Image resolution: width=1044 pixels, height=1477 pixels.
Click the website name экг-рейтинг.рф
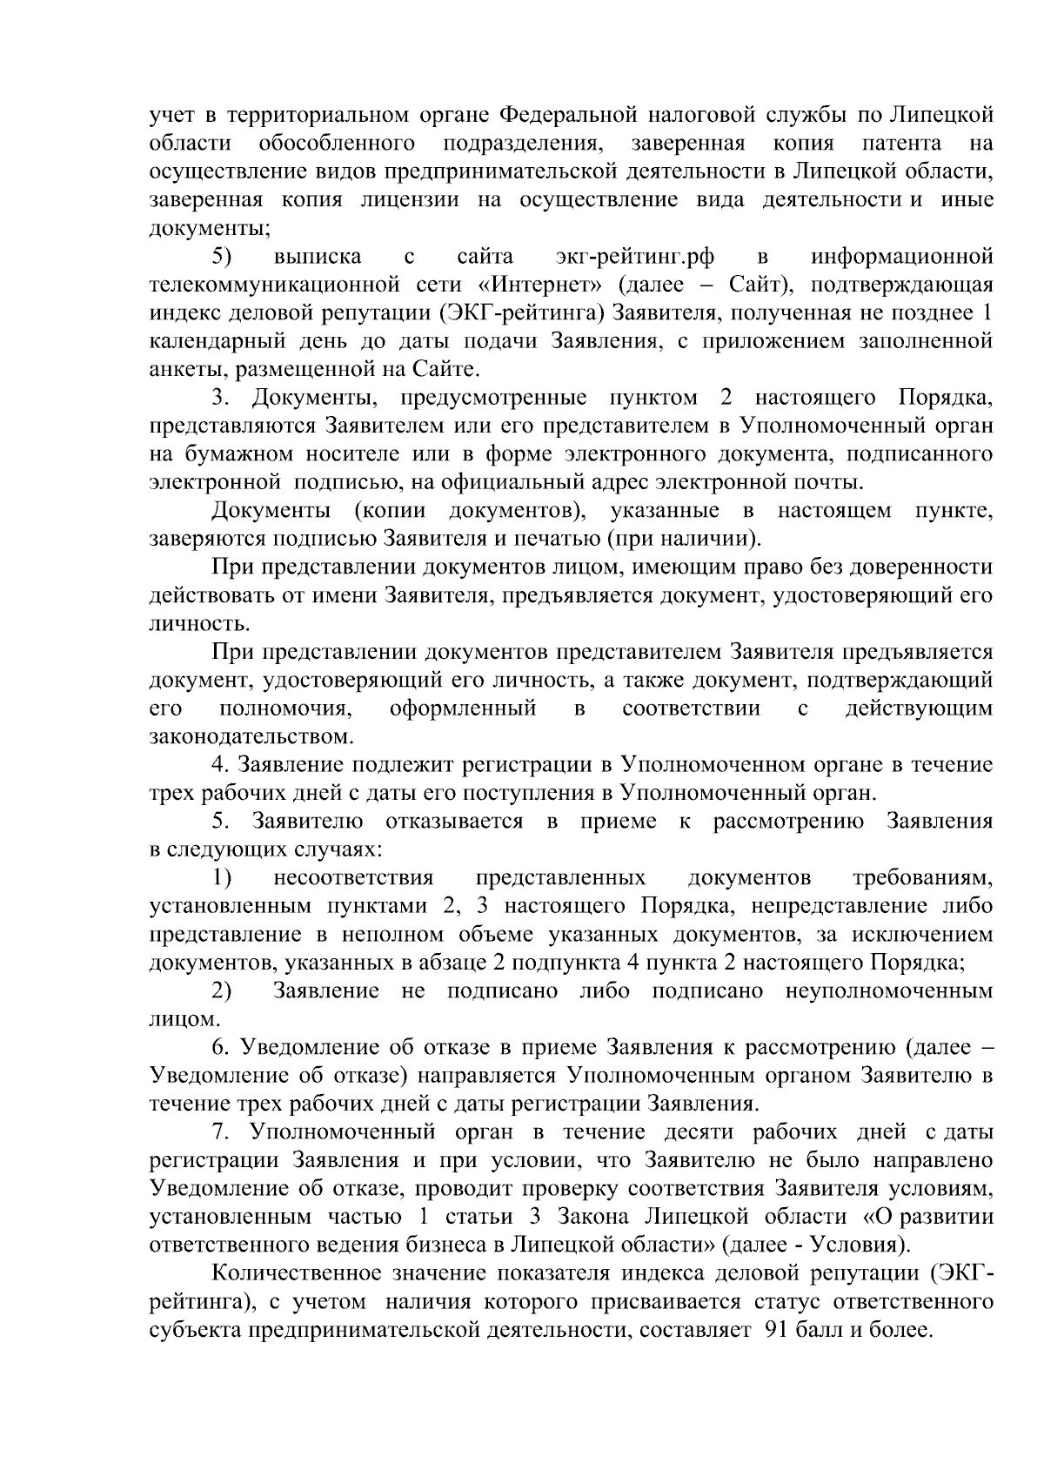pyautogui.click(x=634, y=257)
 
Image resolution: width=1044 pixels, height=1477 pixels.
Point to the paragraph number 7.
pyautogui.click(x=220, y=1132)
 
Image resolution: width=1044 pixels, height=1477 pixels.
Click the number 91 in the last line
pyautogui.click(x=778, y=1331)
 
